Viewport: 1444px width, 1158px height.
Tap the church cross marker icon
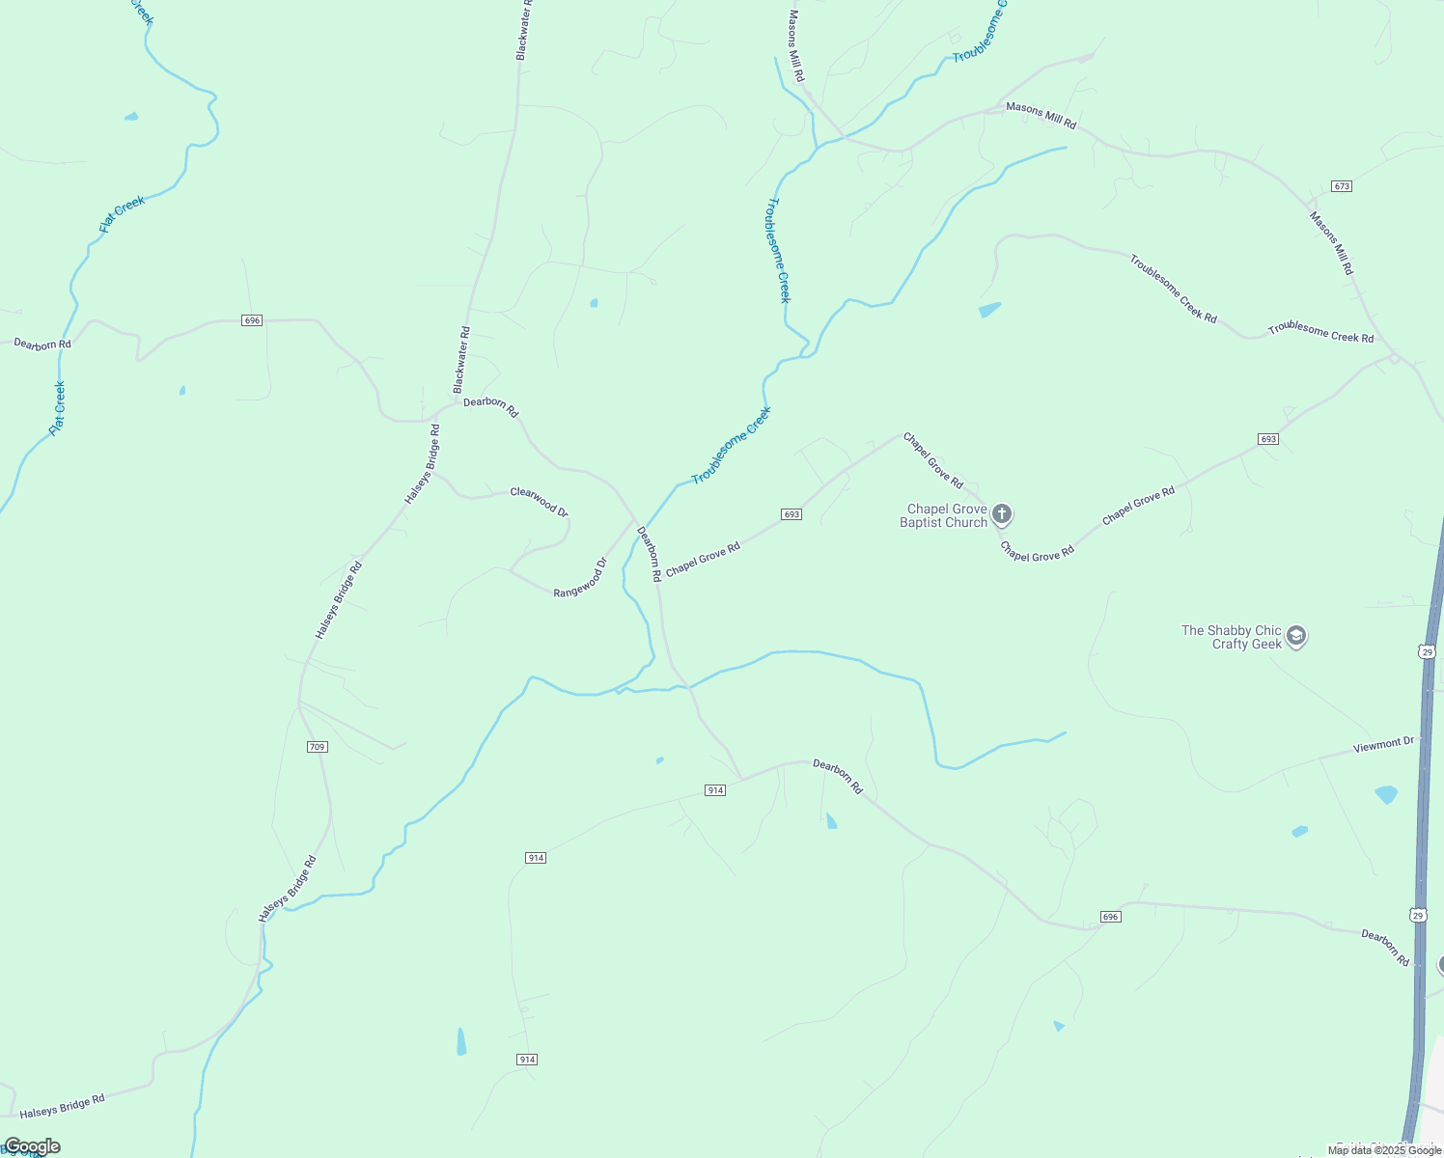pos(1002,513)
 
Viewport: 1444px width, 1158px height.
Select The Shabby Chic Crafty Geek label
pos(1232,637)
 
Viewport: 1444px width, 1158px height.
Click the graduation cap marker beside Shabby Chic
pos(1296,636)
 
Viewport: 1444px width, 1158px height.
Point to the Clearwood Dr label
pos(539,501)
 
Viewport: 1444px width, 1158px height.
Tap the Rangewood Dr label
pos(580,578)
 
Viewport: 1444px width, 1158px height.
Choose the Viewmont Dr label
pos(1383,745)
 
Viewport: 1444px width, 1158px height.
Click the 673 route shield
pos(1341,185)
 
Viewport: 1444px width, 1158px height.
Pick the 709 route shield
pos(318,747)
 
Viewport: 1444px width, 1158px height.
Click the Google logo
pos(32,1146)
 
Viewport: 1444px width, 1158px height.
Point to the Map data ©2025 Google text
pos(1384,1150)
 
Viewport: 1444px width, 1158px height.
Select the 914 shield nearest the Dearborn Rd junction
pos(714,790)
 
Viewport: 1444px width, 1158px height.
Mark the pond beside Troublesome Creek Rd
pos(989,310)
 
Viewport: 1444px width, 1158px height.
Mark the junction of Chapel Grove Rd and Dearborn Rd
pos(659,580)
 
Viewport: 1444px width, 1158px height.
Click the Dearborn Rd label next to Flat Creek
pos(42,344)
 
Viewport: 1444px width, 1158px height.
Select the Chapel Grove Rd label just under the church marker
pos(1037,552)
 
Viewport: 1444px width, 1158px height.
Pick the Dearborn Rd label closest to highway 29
pos(1385,948)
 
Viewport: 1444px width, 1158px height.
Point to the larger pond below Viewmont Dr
pos(1386,795)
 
